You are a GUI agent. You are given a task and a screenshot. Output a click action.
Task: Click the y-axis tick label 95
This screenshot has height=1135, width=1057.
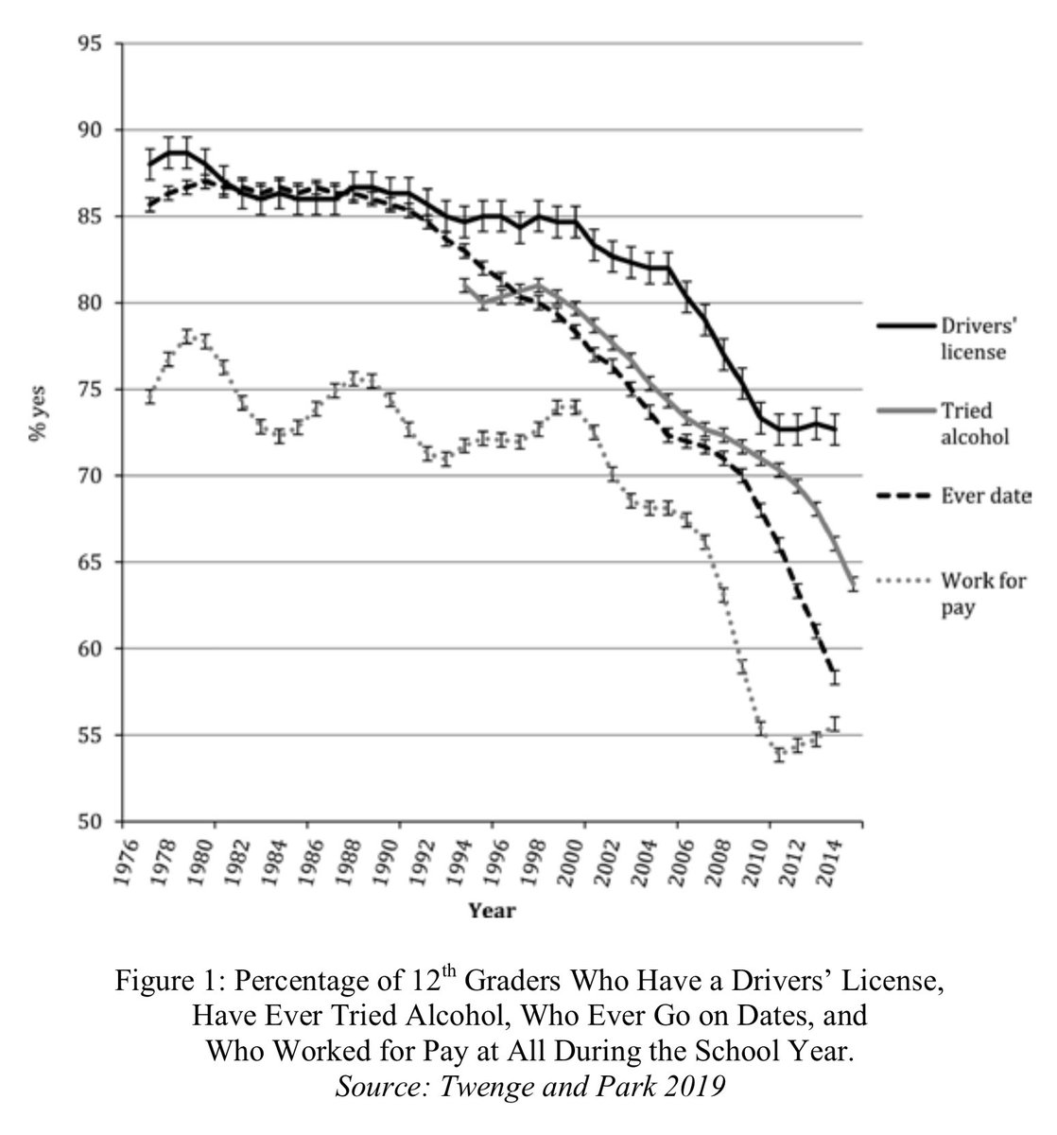(x=89, y=44)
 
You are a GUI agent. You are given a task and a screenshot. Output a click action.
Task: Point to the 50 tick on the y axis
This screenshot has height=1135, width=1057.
(x=89, y=821)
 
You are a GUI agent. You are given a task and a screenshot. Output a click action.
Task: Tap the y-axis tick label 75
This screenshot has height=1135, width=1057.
(x=89, y=390)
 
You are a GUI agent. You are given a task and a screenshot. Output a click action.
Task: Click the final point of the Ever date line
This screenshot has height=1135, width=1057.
(x=834, y=675)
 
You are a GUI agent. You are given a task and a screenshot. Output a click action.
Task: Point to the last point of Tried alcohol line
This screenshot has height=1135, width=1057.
(x=853, y=585)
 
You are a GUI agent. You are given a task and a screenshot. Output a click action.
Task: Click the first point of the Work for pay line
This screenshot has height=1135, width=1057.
(x=149, y=396)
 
